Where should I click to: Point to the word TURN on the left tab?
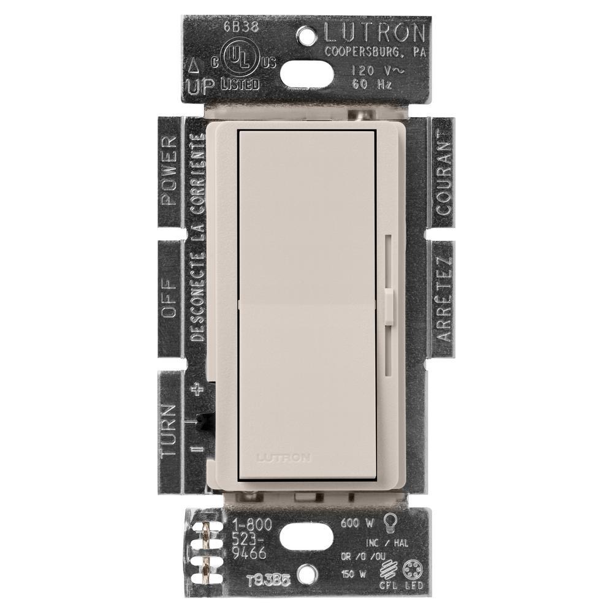pyautogui.click(x=169, y=429)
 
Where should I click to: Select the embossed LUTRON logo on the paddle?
pyautogui.click(x=286, y=457)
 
